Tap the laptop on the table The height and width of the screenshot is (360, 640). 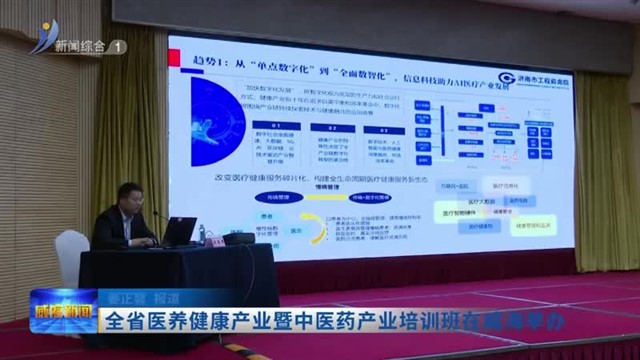pyautogui.click(x=179, y=233)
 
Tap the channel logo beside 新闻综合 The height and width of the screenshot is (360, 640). pyautogui.click(x=42, y=38)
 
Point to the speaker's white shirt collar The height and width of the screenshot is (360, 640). pyautogui.click(x=129, y=211)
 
